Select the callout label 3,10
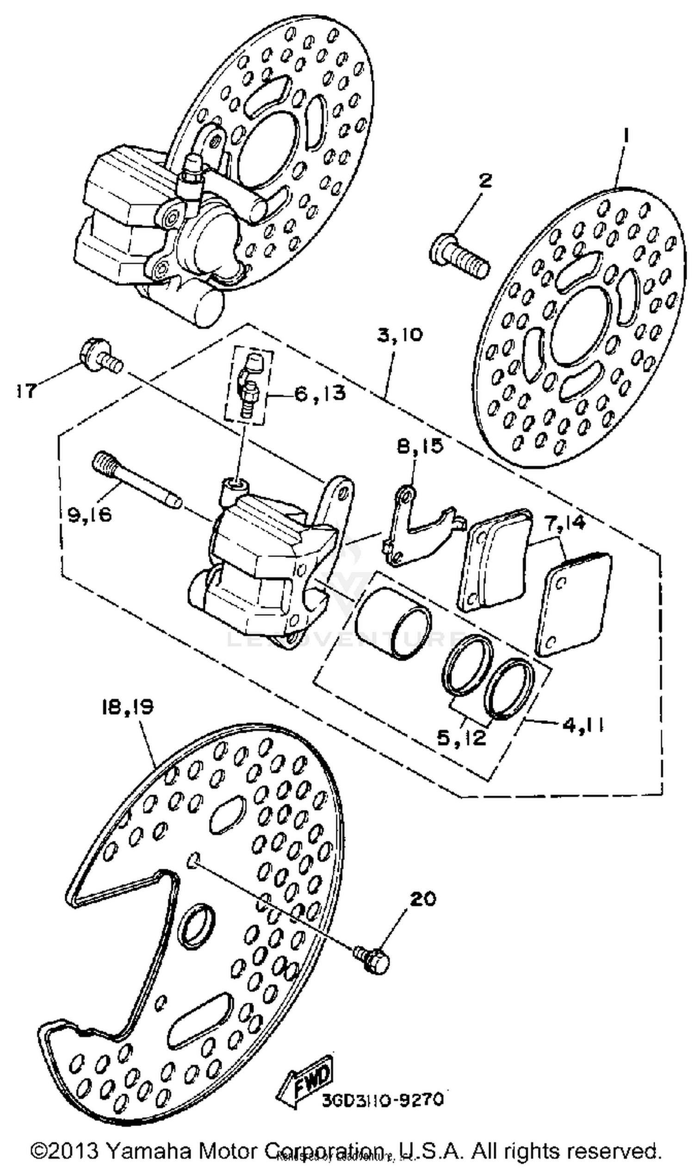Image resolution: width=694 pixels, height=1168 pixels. pyautogui.click(x=399, y=335)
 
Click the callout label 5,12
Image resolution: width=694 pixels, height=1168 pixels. pyautogui.click(x=461, y=738)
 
